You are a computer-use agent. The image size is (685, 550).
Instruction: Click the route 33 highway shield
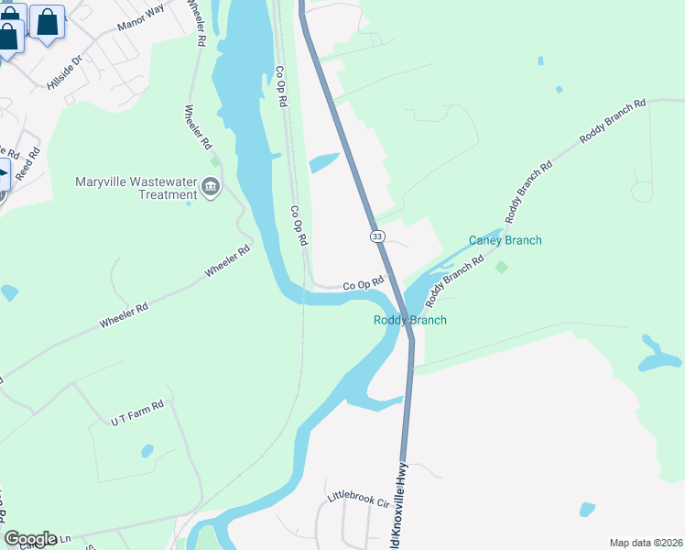point(377,236)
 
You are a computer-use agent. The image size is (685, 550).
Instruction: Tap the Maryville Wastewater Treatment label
point(136,186)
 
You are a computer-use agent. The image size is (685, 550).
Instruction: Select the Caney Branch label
point(506,240)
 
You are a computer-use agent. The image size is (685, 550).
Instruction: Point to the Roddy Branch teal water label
point(410,320)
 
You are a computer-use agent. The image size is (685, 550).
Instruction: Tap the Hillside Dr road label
point(65,72)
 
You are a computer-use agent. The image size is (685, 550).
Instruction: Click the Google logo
point(30,538)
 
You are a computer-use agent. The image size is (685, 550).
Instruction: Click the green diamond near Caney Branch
point(501,267)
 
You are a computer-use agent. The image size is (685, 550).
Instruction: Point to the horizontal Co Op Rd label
point(362,286)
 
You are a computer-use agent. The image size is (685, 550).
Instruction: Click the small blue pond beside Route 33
point(324,164)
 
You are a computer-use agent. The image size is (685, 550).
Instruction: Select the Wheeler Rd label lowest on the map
point(124,318)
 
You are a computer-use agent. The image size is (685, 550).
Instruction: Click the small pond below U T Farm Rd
point(147,451)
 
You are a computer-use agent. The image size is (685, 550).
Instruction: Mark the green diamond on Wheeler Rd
point(215,161)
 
